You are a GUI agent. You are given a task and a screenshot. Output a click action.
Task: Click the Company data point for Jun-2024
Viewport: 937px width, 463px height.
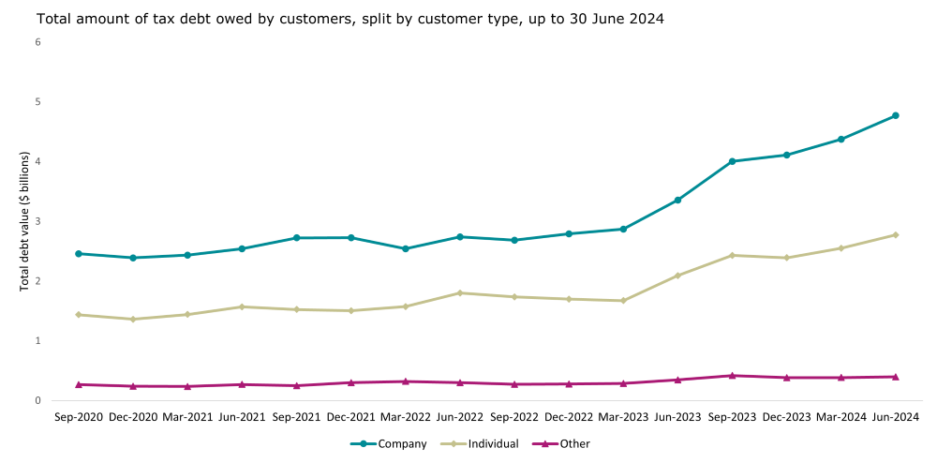point(895,115)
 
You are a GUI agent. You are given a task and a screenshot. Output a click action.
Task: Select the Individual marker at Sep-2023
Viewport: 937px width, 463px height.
point(732,255)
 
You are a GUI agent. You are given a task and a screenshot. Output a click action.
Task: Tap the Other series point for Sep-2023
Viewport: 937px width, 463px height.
point(732,375)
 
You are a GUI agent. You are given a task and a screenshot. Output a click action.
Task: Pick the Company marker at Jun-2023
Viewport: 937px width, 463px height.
point(677,200)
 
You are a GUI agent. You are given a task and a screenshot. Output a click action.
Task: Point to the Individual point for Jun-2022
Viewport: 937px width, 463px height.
point(459,292)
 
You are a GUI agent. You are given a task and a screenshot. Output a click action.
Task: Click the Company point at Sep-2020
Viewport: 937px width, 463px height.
point(79,253)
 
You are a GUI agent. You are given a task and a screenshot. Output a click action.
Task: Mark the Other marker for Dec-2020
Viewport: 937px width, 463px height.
point(133,385)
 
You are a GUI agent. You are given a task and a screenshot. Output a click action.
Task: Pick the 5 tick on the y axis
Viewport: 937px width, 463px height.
point(37,101)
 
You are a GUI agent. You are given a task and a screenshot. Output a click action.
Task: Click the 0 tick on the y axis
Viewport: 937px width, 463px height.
point(37,400)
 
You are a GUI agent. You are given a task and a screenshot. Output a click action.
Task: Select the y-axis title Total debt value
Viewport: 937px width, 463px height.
point(25,220)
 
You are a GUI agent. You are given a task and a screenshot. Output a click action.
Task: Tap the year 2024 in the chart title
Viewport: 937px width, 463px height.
point(646,19)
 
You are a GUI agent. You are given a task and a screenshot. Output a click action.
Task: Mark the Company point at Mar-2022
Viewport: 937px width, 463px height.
point(405,248)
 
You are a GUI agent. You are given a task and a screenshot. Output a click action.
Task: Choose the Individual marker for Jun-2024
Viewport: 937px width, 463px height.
point(895,234)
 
